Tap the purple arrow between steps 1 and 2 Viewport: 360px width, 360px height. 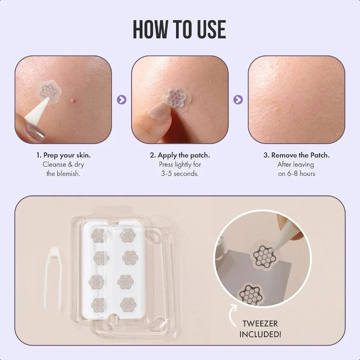tap(122, 100)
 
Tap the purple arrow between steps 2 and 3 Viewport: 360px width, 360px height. tap(238, 100)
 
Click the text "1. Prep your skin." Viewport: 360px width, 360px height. tap(63, 155)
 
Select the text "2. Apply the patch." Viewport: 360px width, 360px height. tap(180, 155)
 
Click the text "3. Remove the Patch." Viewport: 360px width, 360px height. tap(296, 155)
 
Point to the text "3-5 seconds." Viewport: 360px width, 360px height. tap(180, 174)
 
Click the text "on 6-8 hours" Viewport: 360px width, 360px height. tap(296, 174)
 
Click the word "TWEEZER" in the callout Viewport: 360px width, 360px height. tap(260, 323)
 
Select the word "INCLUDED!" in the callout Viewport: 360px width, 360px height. tap(260, 334)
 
